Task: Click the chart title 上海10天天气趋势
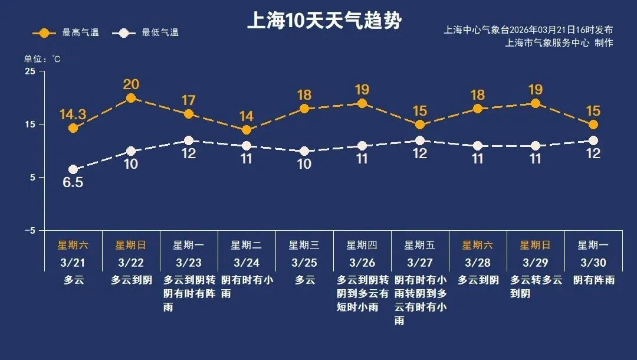point(324,21)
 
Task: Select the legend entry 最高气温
point(65,33)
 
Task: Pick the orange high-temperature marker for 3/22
point(131,98)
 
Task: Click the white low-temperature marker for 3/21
point(73,170)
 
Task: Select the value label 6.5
point(73,183)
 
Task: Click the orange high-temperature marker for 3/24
point(247,130)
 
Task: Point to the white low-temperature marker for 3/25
point(304,151)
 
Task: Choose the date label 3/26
point(362,262)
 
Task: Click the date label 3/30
point(593,262)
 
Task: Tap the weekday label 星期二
point(247,245)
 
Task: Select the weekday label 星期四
point(362,245)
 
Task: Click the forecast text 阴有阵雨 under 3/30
point(593,280)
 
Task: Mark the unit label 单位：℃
point(42,59)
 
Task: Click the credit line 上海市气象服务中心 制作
point(559,43)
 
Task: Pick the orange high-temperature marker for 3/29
point(536,103)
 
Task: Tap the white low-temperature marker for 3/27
point(420,140)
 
